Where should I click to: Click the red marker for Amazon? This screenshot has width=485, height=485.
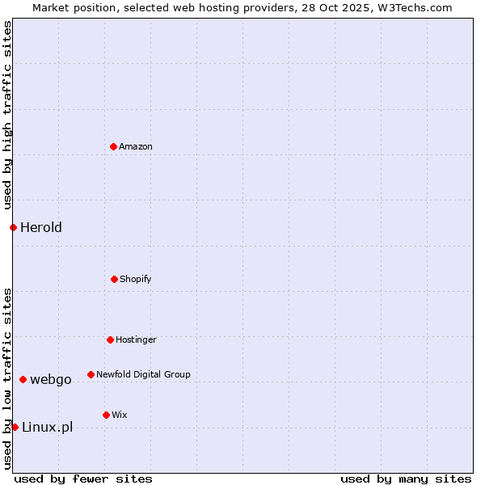[x=113, y=146]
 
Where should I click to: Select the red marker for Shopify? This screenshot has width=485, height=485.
[x=114, y=279]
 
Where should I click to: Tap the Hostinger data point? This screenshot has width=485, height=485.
[x=110, y=339]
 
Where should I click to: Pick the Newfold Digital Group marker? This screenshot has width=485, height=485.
[x=91, y=374]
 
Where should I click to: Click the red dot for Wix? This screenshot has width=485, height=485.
[x=106, y=415]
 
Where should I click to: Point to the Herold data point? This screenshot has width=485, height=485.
[x=13, y=227]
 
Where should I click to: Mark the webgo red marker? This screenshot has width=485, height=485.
[x=23, y=379]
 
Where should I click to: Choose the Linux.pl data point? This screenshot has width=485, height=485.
[x=15, y=427]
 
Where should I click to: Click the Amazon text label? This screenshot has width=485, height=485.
[x=136, y=146]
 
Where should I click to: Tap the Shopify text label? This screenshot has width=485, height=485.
[x=136, y=279]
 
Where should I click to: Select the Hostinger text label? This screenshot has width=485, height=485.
[x=136, y=339]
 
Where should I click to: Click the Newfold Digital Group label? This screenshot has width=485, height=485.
[x=143, y=374]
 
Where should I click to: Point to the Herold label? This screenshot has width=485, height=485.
[x=41, y=227]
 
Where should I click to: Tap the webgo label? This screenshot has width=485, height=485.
[x=51, y=379]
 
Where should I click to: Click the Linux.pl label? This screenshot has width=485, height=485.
[x=47, y=427]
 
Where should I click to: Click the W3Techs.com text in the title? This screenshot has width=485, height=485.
[x=415, y=7]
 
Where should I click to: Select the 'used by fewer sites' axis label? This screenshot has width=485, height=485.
[x=83, y=479]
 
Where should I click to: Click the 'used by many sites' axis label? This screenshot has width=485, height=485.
[x=406, y=479]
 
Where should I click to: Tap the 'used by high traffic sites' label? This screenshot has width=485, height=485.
[x=7, y=116]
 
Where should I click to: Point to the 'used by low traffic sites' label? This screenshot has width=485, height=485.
[x=7, y=378]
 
